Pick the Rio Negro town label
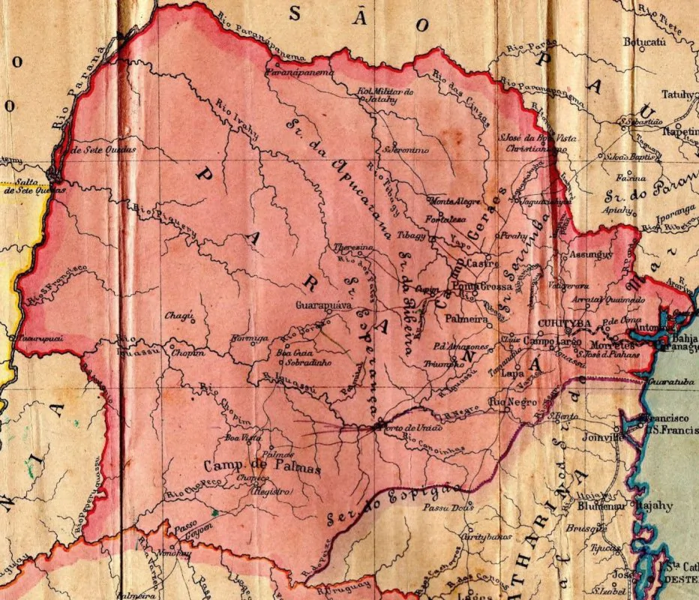click(509, 403)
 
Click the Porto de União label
click(406, 427)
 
